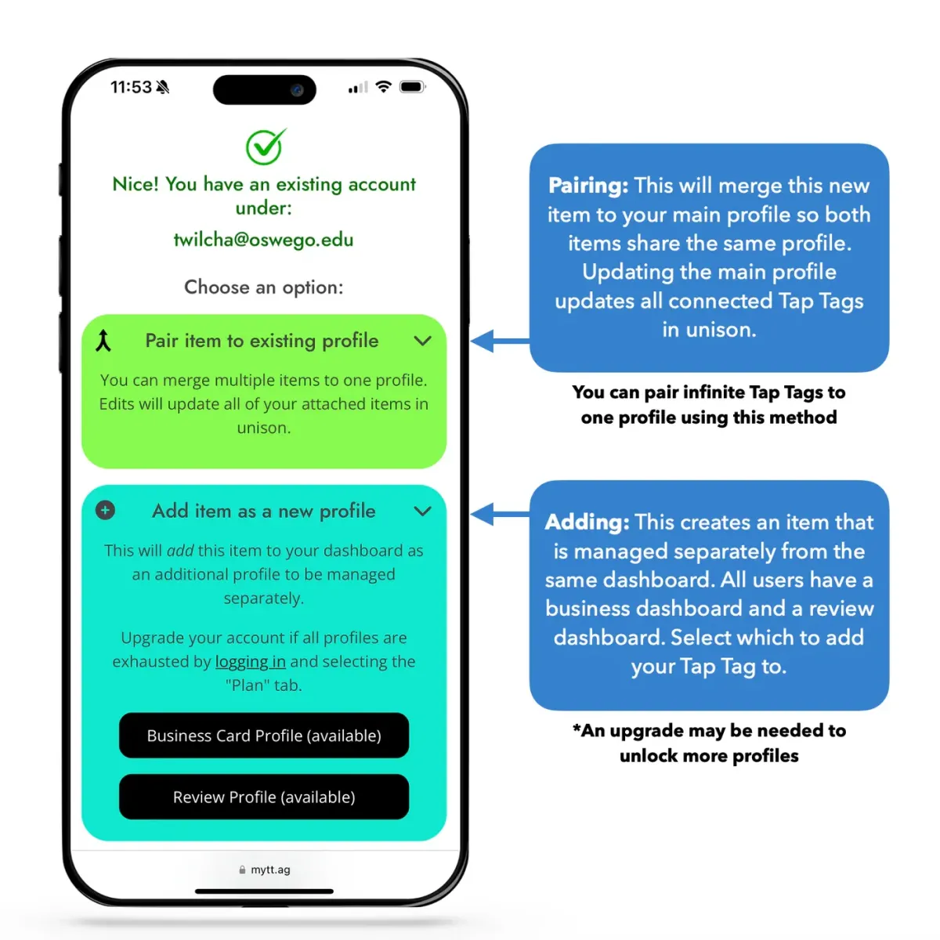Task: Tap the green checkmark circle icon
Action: pyautogui.click(x=265, y=146)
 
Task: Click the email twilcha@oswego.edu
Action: pyautogui.click(x=263, y=240)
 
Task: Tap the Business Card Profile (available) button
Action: pyautogui.click(x=264, y=736)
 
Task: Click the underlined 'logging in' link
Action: pyautogui.click(x=251, y=662)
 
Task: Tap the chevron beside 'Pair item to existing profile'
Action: pyautogui.click(x=422, y=341)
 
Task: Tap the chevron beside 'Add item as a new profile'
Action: pyautogui.click(x=422, y=512)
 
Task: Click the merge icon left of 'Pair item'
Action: pyautogui.click(x=103, y=341)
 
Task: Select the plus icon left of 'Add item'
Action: pyautogui.click(x=105, y=511)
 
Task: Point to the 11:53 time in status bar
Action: pyautogui.click(x=130, y=87)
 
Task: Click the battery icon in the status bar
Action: pyautogui.click(x=412, y=87)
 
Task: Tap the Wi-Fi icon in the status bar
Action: pyautogui.click(x=383, y=87)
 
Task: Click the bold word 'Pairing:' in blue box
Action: pyautogui.click(x=588, y=186)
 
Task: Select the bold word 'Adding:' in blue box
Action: pyautogui.click(x=587, y=522)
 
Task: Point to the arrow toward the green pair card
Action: pyautogui.click(x=498, y=341)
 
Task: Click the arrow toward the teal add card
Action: pyautogui.click(x=498, y=515)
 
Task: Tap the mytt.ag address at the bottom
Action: pyautogui.click(x=269, y=869)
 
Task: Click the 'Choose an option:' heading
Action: pyautogui.click(x=264, y=287)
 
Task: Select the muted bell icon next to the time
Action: pyautogui.click(x=163, y=87)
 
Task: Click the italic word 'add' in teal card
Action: pyautogui.click(x=179, y=551)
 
